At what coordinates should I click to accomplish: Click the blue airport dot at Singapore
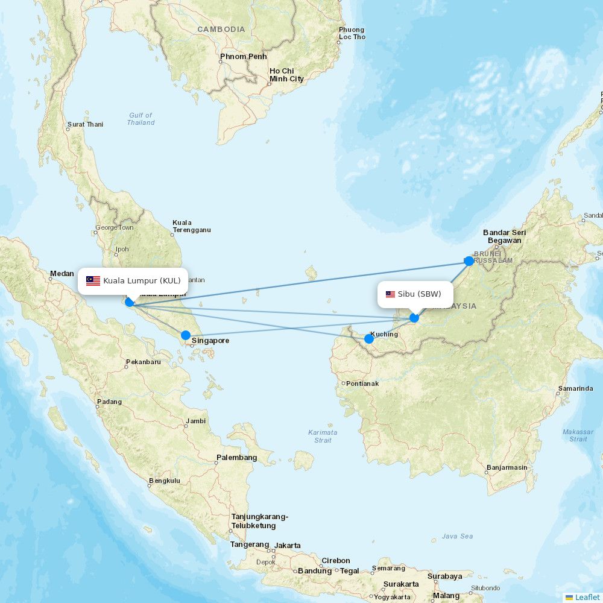(186, 335)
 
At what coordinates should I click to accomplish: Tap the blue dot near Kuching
(369, 339)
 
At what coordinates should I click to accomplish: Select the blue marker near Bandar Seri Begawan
(469, 261)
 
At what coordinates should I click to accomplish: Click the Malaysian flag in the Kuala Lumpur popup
(93, 281)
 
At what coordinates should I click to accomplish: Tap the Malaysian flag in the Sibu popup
(390, 294)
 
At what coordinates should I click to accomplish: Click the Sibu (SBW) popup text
(420, 294)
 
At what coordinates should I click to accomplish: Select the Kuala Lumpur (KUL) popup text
(142, 281)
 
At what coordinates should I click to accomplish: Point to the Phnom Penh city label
(243, 57)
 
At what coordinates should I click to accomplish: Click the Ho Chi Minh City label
(286, 75)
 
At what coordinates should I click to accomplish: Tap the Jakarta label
(288, 545)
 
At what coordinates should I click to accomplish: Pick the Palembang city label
(236, 458)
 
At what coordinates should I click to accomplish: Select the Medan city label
(62, 274)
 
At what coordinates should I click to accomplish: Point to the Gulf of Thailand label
(140, 119)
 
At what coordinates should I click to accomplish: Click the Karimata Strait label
(323, 436)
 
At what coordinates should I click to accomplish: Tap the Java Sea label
(457, 536)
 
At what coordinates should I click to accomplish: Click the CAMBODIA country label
(221, 30)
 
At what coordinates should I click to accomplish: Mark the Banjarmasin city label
(507, 467)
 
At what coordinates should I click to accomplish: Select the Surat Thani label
(85, 125)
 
